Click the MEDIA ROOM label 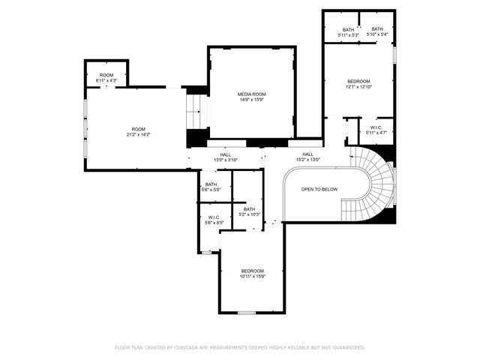[252, 94]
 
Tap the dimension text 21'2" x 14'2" [138, 135]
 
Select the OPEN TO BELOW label [319, 190]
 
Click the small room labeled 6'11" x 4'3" [106, 77]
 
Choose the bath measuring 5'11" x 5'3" [349, 32]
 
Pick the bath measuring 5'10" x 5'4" [376, 32]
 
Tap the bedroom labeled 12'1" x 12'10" [359, 83]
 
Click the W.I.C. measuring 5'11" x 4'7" [375, 130]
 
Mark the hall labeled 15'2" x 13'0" [307, 157]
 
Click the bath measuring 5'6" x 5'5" [211, 187]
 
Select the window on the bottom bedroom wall [246, 312]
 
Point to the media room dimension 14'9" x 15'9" [252, 100]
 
